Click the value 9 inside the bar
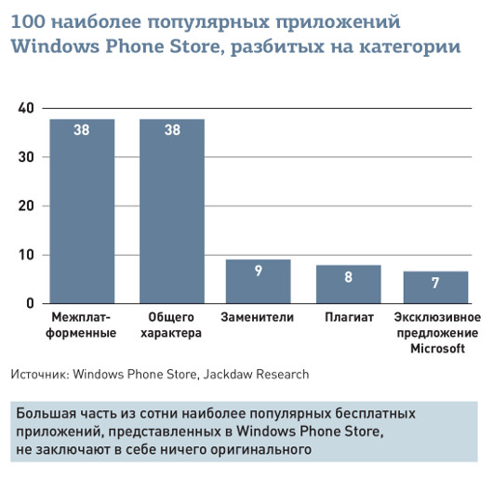[x=259, y=272]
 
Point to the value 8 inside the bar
[x=348, y=276]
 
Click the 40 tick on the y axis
[x=26, y=109]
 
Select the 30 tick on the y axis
[x=26, y=157]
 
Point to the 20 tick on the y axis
[x=26, y=206]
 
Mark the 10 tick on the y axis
[x=26, y=255]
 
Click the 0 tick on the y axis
[x=30, y=303]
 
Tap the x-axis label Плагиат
[x=349, y=318]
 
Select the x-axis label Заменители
[x=258, y=318]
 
